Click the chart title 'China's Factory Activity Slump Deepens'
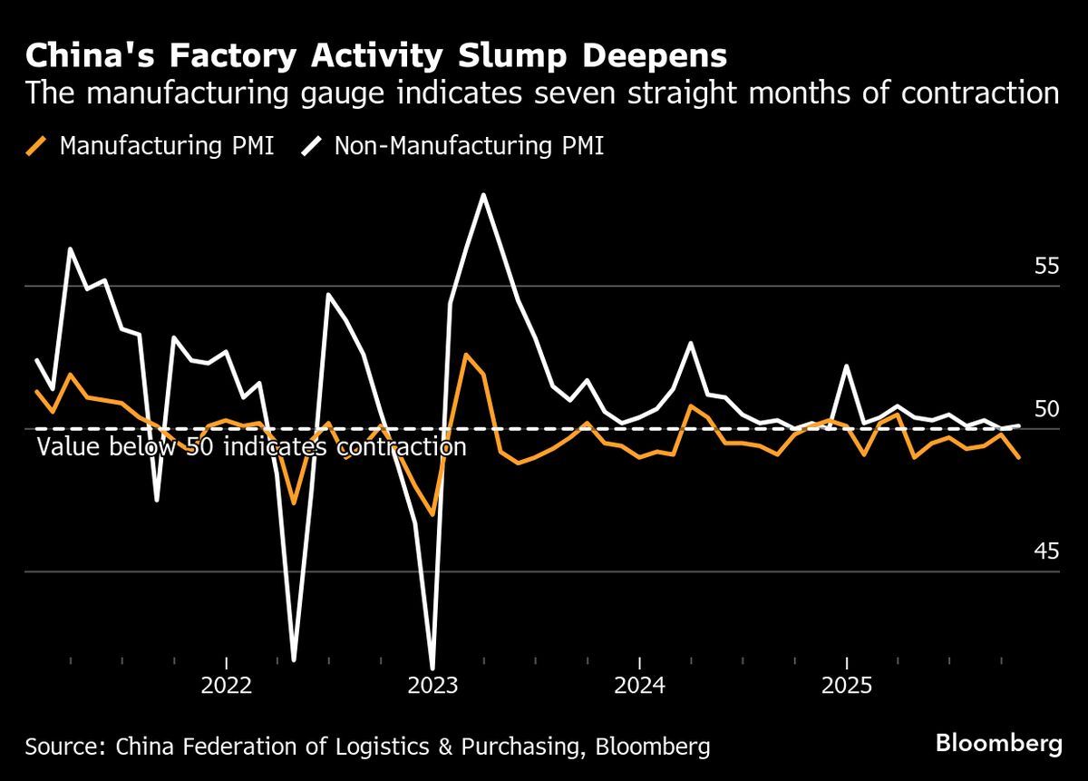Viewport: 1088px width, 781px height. click(375, 56)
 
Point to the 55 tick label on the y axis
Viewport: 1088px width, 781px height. click(1046, 267)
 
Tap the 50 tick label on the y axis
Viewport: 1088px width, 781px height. click(1046, 409)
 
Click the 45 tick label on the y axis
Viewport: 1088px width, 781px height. click(1046, 552)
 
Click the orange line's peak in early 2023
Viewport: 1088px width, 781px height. click(466, 355)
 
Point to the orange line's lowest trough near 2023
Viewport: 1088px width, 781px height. click(432, 514)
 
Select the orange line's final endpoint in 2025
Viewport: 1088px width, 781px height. click(1019, 457)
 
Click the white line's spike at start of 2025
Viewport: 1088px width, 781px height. click(846, 366)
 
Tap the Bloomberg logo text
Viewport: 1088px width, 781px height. click(999, 745)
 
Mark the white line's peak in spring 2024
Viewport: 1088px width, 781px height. click(691, 343)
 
